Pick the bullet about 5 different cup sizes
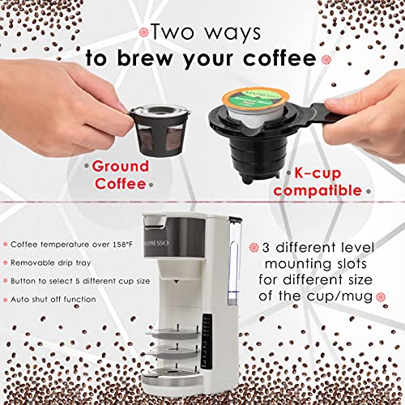[x=73, y=280]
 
